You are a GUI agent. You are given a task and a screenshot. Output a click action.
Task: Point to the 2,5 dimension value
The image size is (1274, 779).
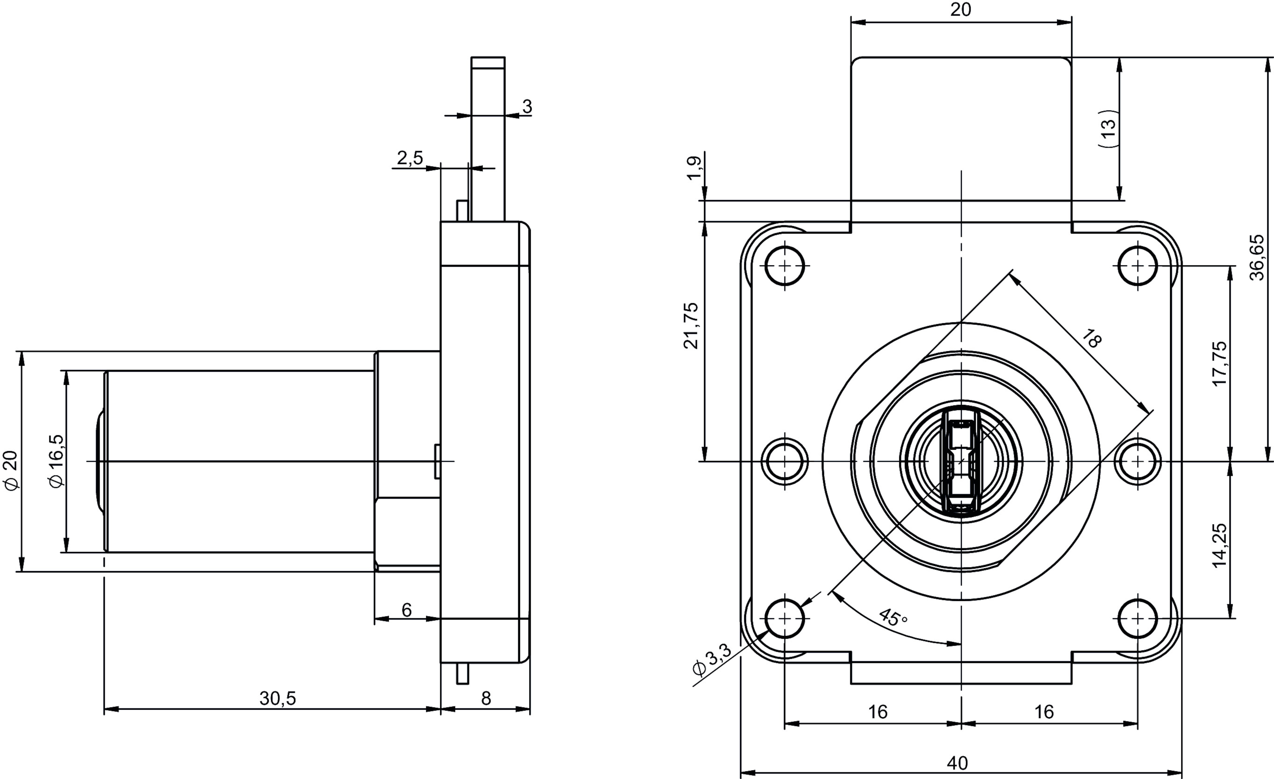(410, 158)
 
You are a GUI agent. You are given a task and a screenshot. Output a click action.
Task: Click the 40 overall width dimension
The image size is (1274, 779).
(958, 763)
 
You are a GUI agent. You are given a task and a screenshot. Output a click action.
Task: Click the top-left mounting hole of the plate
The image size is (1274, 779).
(785, 266)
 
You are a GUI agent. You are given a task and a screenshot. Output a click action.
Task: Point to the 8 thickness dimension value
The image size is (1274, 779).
(486, 698)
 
